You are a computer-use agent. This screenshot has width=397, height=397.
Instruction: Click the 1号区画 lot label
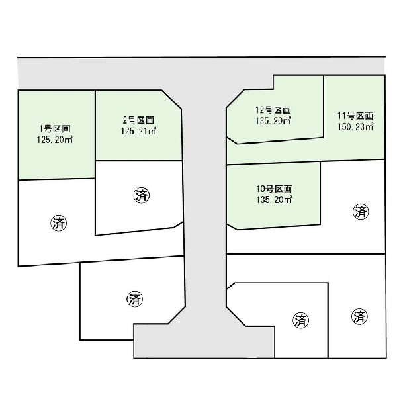(55, 129)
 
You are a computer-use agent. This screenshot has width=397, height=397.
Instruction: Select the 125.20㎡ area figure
(55, 140)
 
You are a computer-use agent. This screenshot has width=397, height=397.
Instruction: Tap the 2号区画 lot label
(138, 120)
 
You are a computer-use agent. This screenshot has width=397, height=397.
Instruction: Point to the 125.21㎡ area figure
(138, 131)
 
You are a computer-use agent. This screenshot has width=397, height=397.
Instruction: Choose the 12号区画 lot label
(273, 110)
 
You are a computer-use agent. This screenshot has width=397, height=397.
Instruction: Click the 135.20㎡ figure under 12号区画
(273, 121)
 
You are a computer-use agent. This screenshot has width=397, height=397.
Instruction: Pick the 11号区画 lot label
(355, 116)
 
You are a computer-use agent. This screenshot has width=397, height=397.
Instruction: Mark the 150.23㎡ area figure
(355, 127)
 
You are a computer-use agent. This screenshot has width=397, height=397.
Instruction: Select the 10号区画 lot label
(274, 189)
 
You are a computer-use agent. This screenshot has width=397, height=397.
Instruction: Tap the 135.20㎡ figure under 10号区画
(274, 200)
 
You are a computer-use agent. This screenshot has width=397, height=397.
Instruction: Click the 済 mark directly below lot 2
(142, 195)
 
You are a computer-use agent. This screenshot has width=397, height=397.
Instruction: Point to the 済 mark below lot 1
(59, 223)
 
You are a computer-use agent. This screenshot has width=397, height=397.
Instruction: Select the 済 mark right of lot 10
(361, 212)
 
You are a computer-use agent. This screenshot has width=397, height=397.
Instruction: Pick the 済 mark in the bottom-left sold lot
(135, 299)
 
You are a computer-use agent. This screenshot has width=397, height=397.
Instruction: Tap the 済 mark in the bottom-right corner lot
(359, 316)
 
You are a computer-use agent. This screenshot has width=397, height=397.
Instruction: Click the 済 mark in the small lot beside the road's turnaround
(301, 320)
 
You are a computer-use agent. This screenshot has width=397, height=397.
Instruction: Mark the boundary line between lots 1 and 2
(95, 134)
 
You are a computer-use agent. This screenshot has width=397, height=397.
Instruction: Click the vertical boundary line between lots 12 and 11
(324, 107)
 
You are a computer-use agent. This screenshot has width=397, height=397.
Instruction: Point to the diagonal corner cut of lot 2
(171, 99)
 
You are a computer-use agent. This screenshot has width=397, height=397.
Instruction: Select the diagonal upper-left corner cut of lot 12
(235, 98)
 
